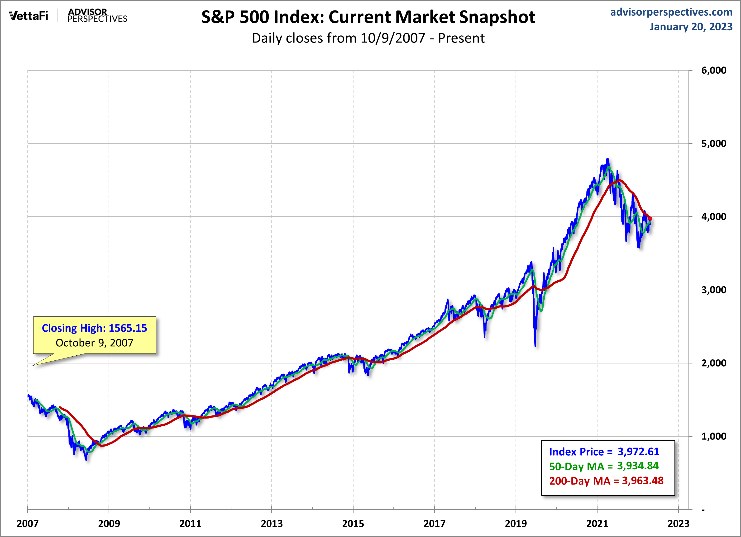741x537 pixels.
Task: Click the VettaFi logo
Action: pos(29,16)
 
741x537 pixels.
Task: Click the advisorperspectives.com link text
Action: pos(671,12)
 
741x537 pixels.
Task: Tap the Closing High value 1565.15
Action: pos(128,328)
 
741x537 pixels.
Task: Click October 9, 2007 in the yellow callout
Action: pos(94,343)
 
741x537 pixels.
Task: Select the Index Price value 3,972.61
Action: pos(638,452)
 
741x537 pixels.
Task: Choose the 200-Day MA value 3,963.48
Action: pos(642,480)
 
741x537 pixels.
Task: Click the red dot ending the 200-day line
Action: pos(650,219)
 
